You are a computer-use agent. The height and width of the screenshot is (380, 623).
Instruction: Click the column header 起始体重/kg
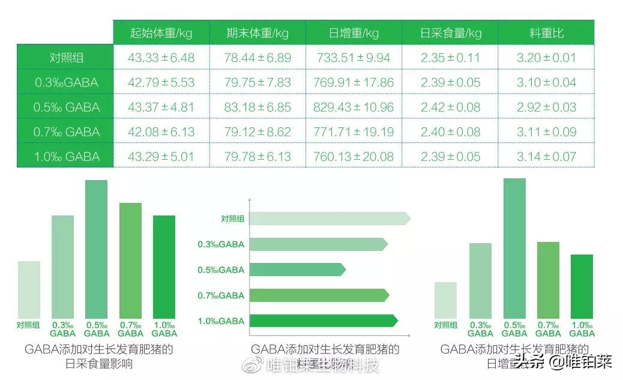pyautogui.click(x=161, y=32)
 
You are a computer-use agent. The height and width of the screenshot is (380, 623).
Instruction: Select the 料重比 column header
pyautogui.click(x=546, y=32)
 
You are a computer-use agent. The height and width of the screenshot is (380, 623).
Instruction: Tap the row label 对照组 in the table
pyautogui.click(x=65, y=58)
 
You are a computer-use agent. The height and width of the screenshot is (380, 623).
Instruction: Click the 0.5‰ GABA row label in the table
pyautogui.click(x=65, y=107)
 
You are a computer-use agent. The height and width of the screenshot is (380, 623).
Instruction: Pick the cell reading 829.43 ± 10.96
pyautogui.click(x=354, y=107)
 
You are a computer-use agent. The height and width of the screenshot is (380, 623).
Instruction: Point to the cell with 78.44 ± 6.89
pyautogui.click(x=257, y=58)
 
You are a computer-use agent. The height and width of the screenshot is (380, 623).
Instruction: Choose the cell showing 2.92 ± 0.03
pyautogui.click(x=546, y=107)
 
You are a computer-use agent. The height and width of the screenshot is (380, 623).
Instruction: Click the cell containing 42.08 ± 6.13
pyautogui.click(x=161, y=132)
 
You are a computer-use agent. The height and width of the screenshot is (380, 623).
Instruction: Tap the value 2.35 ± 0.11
pyautogui.click(x=450, y=58)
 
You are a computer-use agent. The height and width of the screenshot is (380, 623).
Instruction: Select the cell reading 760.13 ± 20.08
pyautogui.click(x=354, y=157)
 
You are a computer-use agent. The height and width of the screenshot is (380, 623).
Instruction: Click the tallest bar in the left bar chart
pyautogui.click(x=96, y=249)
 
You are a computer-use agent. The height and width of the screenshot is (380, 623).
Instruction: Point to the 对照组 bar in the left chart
pyautogui.click(x=29, y=289)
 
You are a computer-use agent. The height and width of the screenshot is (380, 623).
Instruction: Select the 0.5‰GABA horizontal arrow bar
pyautogui.click(x=297, y=270)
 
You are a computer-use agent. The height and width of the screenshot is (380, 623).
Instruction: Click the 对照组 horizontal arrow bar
pyautogui.click(x=329, y=219)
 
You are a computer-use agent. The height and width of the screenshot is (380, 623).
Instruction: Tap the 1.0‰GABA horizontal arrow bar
pyautogui.click(x=323, y=321)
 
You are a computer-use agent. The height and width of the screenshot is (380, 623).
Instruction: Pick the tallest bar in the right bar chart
pyautogui.click(x=514, y=248)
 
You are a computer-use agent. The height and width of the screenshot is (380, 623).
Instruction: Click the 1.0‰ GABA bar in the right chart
pyautogui.click(x=582, y=286)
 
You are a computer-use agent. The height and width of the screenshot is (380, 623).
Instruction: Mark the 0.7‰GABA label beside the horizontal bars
pyautogui.click(x=221, y=295)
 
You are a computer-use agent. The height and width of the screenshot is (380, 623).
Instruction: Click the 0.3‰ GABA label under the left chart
pyautogui.click(x=63, y=329)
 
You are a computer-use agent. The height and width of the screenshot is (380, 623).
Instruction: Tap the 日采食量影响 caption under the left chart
pyautogui.click(x=99, y=364)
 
